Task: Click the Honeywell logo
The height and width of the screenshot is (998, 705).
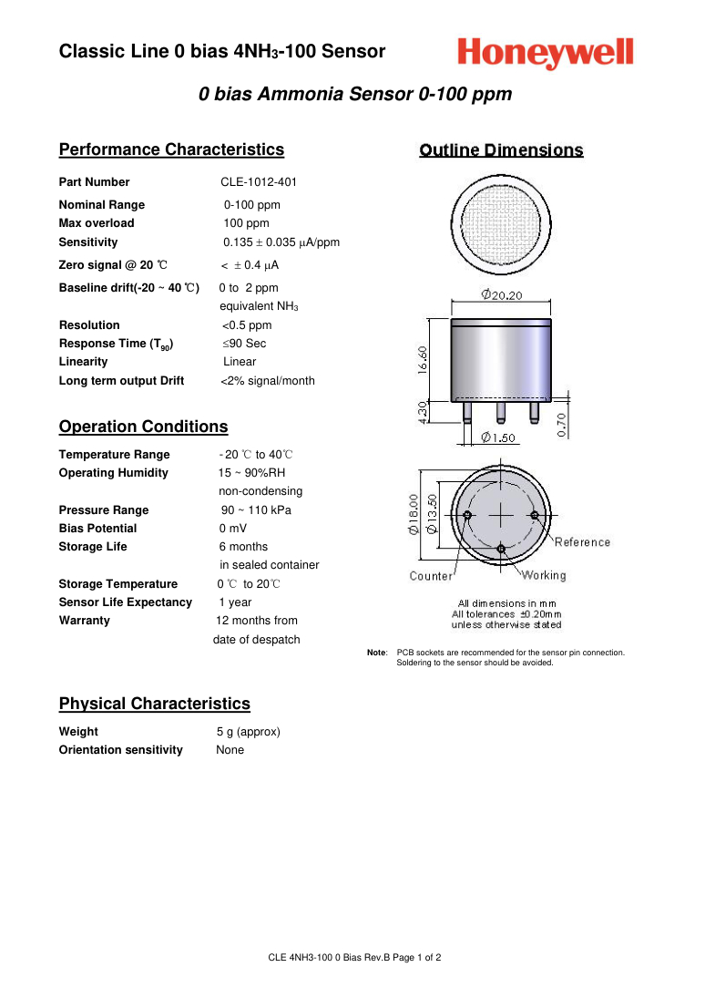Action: point(546,54)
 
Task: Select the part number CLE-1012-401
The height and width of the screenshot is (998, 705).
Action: point(259,182)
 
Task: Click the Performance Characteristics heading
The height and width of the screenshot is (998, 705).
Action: point(171,149)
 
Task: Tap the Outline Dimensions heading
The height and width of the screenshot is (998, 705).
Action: point(501,150)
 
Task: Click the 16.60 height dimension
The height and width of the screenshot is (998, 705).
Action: point(423,359)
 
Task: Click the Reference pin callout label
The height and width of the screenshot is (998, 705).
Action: point(582,542)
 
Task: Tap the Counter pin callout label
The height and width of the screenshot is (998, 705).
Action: point(431,576)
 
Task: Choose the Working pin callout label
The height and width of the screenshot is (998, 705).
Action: point(543,575)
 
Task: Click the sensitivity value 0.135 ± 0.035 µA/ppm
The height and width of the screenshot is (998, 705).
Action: point(281,242)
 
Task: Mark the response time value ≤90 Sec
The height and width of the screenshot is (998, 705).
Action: point(244,344)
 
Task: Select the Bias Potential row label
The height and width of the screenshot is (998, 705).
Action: point(97,529)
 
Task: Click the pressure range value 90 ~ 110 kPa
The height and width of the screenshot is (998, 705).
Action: point(256,510)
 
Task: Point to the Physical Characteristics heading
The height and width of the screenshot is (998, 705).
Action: point(154,704)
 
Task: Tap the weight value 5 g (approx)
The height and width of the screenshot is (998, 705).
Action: point(248,732)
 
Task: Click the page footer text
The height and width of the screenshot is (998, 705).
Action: point(354,958)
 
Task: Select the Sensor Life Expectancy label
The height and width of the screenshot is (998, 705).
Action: point(126,602)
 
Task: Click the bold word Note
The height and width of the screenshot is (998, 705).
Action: point(376,653)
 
